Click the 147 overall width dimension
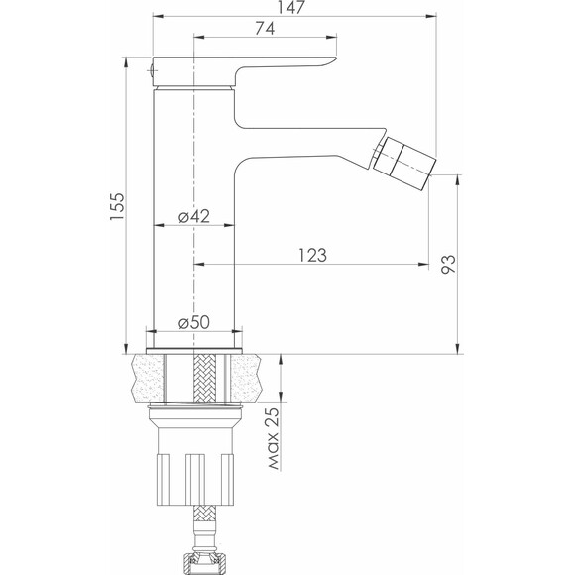[x=290, y=7]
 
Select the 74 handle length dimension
[x=265, y=28]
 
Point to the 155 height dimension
[x=117, y=206]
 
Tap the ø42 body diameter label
[x=194, y=216]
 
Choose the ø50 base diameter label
[x=194, y=323]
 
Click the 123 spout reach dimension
[x=312, y=255]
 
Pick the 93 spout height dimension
[x=448, y=264]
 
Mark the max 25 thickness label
[x=274, y=438]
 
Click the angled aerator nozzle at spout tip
[x=404, y=164]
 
